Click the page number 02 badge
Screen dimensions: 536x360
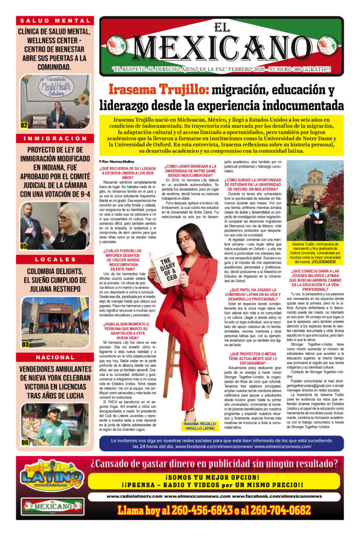(x=24, y=126)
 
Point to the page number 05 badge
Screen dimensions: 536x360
(x=24, y=246)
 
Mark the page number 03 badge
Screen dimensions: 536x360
(x=25, y=344)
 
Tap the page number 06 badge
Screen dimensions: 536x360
(x=25, y=442)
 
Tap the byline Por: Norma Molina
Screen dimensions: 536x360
(x=116, y=162)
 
